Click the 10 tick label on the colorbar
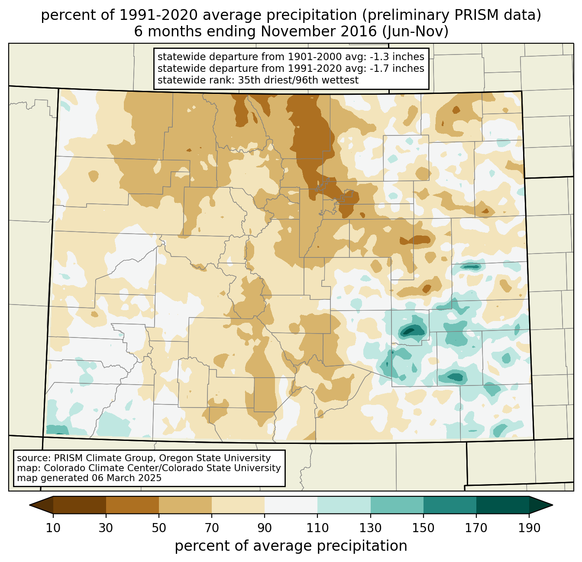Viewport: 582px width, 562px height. (x=53, y=528)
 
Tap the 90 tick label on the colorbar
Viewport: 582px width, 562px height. (x=265, y=528)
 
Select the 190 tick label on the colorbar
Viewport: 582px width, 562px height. (x=529, y=528)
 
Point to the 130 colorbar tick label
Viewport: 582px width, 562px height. (x=371, y=528)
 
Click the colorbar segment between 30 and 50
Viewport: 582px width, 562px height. (x=133, y=505)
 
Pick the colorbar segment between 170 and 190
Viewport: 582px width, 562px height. (x=503, y=505)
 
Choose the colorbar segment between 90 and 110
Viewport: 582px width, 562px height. (x=291, y=505)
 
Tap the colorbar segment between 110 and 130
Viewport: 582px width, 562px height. (x=344, y=505)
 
